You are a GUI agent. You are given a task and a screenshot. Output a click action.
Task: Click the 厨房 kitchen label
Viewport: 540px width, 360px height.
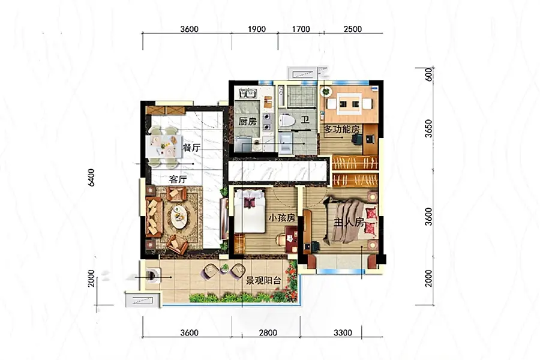[x=248, y=121]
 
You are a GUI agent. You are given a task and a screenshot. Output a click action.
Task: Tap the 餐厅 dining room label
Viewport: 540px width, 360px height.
[x=191, y=148]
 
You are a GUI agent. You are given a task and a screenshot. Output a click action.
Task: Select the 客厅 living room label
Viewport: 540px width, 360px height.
[x=178, y=179]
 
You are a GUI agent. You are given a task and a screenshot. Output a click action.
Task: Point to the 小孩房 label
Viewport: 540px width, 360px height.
[x=282, y=218]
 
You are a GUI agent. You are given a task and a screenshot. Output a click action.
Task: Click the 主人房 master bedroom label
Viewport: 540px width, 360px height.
[x=349, y=223]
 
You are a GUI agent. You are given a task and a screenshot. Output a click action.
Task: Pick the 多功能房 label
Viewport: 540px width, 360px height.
[x=341, y=130]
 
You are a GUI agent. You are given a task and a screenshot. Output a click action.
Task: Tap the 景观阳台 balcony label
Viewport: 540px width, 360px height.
[x=263, y=281]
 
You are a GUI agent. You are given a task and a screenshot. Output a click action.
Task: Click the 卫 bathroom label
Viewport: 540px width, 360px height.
[x=305, y=120]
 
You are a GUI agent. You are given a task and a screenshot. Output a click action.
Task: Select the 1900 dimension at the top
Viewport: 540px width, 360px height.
[x=257, y=29]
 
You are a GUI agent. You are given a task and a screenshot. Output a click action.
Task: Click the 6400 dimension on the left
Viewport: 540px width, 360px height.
[x=91, y=178]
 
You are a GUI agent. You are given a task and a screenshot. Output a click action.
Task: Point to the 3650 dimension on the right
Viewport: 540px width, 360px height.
[x=428, y=128]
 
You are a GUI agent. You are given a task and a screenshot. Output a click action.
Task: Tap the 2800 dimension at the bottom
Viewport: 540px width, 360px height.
[x=268, y=333]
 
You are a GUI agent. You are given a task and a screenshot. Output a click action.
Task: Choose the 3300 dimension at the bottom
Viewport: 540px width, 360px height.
[x=343, y=333]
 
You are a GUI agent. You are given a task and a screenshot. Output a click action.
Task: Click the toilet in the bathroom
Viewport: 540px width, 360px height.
[x=287, y=121]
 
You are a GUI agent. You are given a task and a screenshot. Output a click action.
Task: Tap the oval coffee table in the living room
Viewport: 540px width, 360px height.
[x=179, y=217]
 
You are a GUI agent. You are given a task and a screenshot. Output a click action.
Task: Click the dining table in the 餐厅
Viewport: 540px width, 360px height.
[x=164, y=146]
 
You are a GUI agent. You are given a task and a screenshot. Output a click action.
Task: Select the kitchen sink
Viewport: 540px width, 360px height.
[x=248, y=93]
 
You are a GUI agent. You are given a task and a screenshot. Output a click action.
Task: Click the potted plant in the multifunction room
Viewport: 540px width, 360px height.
[x=326, y=92]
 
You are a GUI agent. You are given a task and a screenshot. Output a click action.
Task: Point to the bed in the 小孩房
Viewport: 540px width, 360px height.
[x=250, y=211]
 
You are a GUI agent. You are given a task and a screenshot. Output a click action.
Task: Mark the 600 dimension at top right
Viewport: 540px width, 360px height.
[x=428, y=74]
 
